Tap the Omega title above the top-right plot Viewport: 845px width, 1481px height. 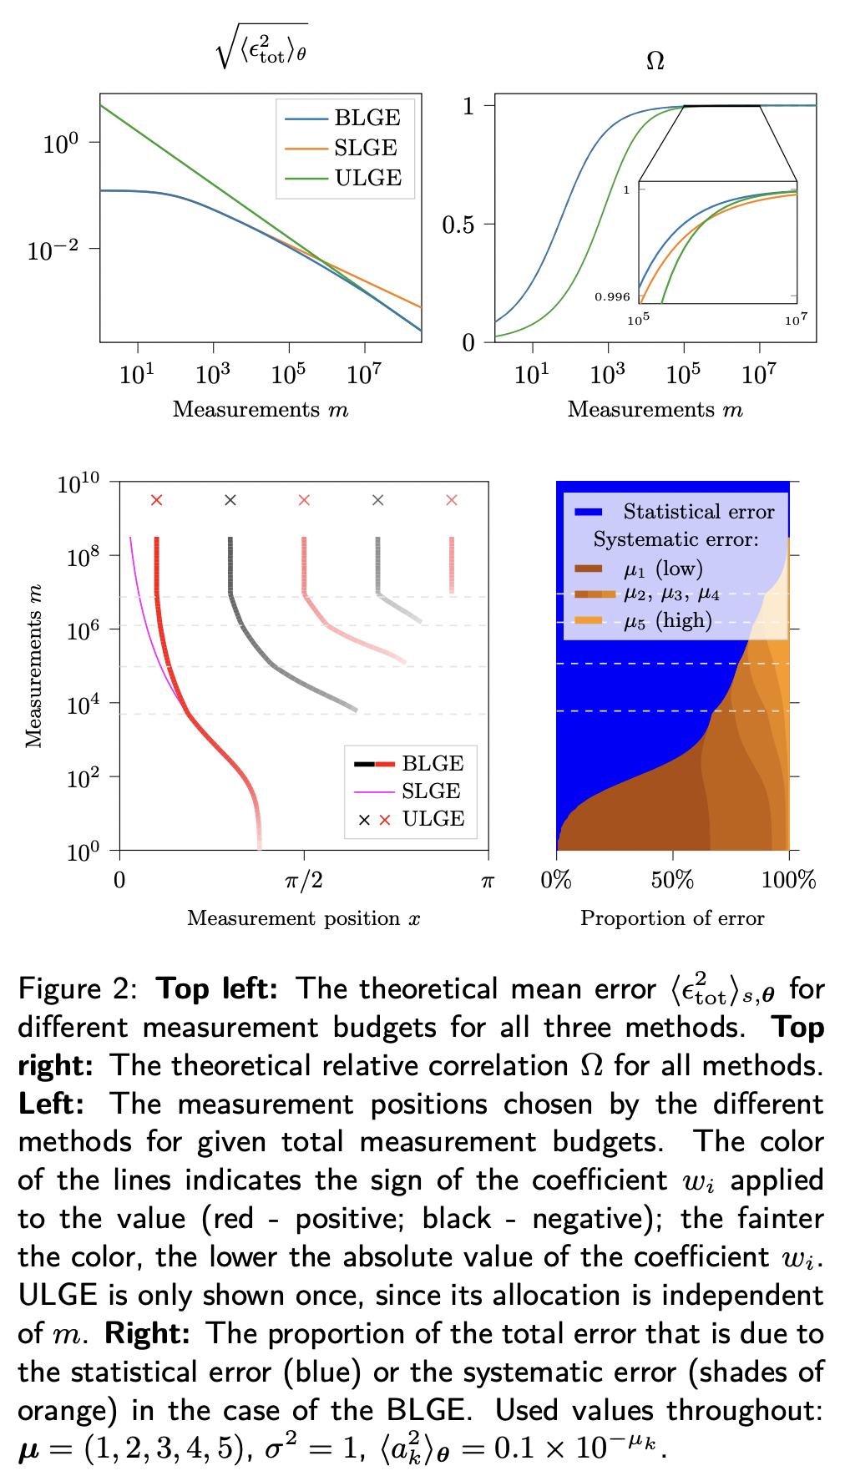[655, 62]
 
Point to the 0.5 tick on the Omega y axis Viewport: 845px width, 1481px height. [458, 225]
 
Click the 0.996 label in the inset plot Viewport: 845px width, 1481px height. [612, 296]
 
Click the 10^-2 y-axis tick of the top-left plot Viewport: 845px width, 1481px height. [53, 249]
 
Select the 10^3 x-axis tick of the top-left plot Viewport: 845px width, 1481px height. [212, 375]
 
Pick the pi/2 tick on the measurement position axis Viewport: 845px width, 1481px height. [304, 880]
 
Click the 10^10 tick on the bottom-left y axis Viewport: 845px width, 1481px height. [78, 483]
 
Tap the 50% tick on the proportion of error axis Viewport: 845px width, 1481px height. [672, 880]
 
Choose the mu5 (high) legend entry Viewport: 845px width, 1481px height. [667, 620]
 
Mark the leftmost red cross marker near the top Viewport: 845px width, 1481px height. [156, 500]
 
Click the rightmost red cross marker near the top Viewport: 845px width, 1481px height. [452, 500]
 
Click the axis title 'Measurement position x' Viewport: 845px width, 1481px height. [304, 918]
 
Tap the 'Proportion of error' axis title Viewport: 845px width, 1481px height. [672, 918]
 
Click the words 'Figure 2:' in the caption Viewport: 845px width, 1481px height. [78, 989]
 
